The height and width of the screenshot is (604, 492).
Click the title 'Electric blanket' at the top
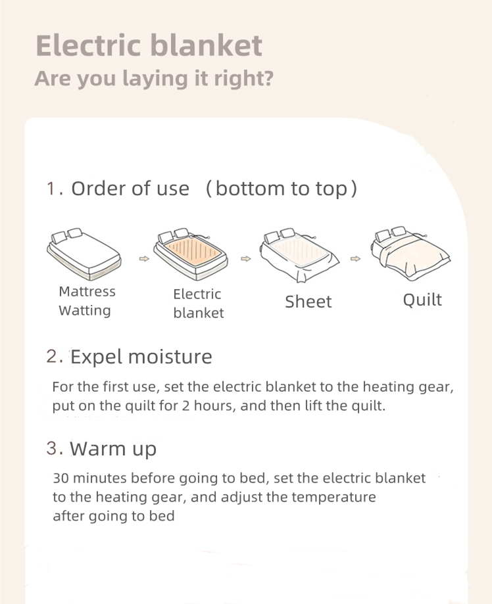tap(149, 46)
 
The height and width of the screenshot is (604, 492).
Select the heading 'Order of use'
tap(130, 189)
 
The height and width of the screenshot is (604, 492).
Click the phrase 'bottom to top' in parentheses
tap(282, 189)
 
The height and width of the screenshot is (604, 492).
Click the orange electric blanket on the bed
tap(195, 252)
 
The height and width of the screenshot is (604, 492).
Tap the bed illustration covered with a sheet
tap(299, 254)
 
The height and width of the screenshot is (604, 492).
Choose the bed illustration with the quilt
tap(410, 252)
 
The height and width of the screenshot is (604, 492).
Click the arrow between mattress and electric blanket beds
tap(144, 258)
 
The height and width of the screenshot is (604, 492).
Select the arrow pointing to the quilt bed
tap(355, 258)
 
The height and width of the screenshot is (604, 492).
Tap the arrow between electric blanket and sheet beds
tap(245, 258)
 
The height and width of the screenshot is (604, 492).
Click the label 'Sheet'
tap(308, 302)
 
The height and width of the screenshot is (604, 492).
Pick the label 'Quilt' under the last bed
tap(422, 300)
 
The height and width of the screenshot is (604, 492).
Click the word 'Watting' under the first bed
tap(85, 310)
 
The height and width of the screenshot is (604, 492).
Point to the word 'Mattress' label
tap(87, 292)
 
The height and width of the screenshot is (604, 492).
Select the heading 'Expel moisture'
tap(141, 357)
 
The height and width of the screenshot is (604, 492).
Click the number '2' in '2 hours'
tap(186, 406)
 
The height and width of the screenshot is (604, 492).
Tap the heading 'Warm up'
tap(113, 449)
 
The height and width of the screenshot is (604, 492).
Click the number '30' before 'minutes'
tap(61, 478)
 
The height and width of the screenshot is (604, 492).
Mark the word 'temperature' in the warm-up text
tap(333, 497)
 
